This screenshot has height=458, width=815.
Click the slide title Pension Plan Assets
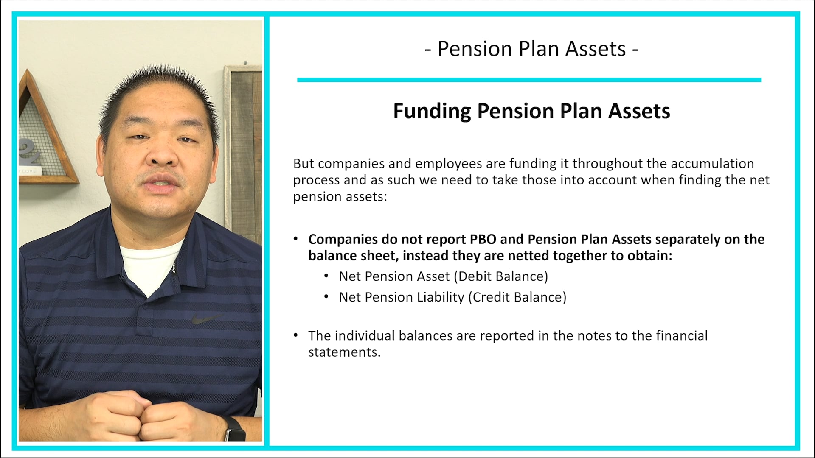[531, 49]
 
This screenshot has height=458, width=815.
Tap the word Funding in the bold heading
[432, 111]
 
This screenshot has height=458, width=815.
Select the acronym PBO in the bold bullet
[483, 240]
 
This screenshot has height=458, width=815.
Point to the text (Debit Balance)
[501, 276]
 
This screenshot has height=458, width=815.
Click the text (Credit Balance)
[517, 297]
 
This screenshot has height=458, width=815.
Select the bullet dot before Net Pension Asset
[326, 276]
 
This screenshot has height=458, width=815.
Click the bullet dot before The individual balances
[295, 335]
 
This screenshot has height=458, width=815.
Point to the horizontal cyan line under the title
[528, 80]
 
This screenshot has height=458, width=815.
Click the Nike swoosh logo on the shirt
[207, 318]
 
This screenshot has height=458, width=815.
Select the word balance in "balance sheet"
[332, 256]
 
